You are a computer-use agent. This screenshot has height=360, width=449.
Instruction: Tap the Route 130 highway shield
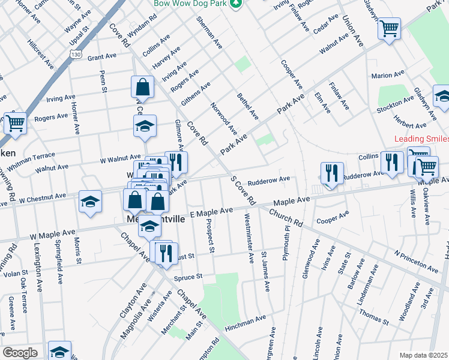click(76, 54)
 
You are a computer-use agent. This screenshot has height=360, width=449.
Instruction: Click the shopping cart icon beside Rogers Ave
click(15, 123)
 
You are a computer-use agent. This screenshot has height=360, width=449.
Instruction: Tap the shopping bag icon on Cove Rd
click(143, 87)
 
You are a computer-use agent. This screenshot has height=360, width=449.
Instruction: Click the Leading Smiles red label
click(421, 139)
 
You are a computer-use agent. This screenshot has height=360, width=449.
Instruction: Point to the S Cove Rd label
click(243, 190)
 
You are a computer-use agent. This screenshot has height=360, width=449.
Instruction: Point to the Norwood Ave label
click(224, 118)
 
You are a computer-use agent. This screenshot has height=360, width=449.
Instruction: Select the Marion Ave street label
click(388, 76)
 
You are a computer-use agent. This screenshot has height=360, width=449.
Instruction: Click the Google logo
click(19, 353)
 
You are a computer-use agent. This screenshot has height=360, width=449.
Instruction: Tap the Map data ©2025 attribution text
click(423, 355)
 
